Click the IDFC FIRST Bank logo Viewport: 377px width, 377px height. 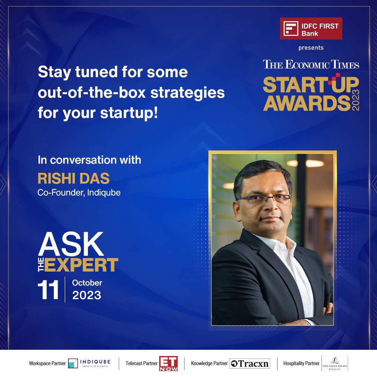point(311,29)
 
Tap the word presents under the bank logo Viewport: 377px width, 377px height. point(311,48)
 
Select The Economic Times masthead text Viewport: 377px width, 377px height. point(311,65)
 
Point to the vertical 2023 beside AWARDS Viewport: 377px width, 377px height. point(355,100)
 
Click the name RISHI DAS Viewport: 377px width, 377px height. point(74,178)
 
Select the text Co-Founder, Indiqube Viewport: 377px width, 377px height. point(79,193)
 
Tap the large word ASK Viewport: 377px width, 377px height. point(71,244)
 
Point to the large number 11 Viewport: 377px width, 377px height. point(48,290)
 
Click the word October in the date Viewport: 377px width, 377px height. point(87,283)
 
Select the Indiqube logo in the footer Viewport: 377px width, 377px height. point(89,363)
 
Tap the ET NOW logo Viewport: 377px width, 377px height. point(168,363)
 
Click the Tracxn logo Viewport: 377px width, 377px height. point(250,363)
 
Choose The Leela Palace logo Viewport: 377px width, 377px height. point(334,363)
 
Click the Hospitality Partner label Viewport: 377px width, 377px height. point(301,363)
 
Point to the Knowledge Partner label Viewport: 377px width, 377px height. point(209,363)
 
